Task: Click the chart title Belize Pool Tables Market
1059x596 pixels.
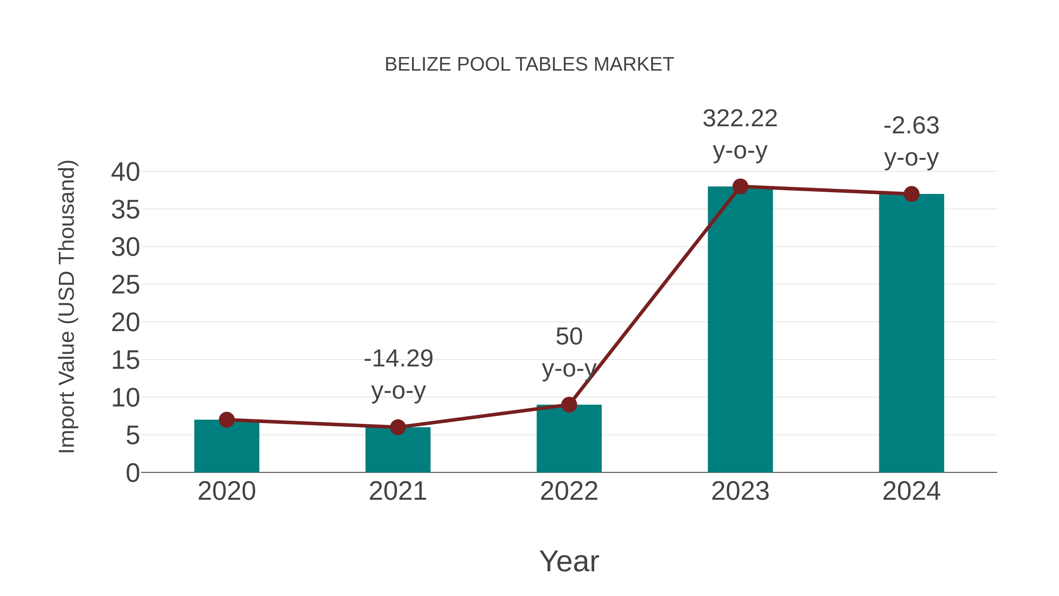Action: tap(529, 64)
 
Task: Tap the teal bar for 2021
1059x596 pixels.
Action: tap(397, 451)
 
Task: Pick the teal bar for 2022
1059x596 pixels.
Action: tap(569, 440)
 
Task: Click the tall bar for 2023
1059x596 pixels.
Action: tap(740, 329)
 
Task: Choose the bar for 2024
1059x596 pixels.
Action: tap(911, 333)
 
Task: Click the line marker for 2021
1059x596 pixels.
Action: tap(397, 427)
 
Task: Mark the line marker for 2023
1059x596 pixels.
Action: tap(740, 186)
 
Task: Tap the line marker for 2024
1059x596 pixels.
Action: tap(911, 194)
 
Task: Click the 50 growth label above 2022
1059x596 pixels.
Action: tap(569, 336)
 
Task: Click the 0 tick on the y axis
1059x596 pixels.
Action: tap(132, 473)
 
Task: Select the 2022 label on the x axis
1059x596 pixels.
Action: tap(569, 491)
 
